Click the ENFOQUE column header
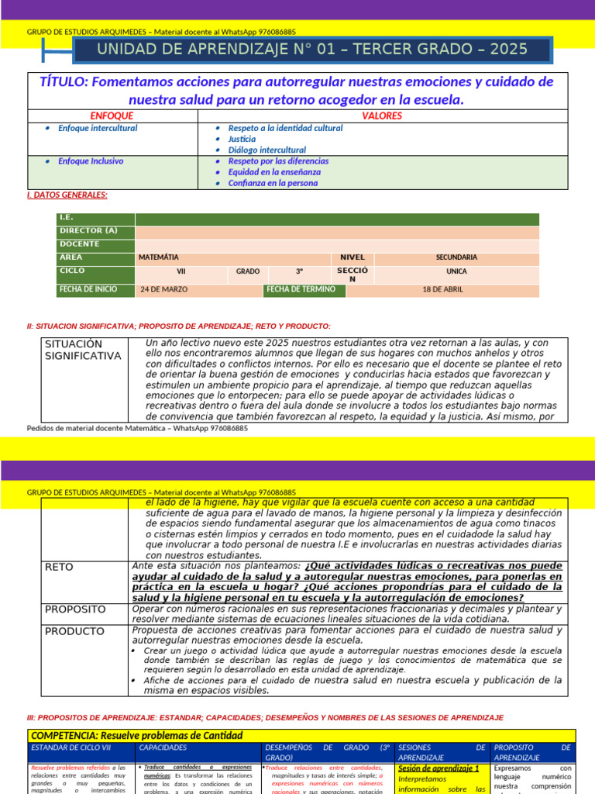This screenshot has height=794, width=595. pyautogui.click(x=112, y=116)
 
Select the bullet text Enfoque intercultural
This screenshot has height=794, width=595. pyautogui.click(x=98, y=128)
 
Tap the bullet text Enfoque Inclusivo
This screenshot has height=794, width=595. pyautogui.click(x=91, y=161)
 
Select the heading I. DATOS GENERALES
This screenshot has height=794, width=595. pyautogui.click(x=67, y=195)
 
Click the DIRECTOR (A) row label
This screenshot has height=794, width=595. pyautogui.click(x=88, y=231)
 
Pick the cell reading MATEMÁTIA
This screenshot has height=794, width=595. pyautogui.click(x=158, y=257)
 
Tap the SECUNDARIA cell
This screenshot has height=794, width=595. pyautogui.click(x=456, y=257)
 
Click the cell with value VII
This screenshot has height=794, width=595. pyautogui.click(x=181, y=272)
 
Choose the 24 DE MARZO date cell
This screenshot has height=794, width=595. pyautogui.click(x=162, y=290)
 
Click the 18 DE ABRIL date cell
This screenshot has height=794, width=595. pyautogui.click(x=443, y=290)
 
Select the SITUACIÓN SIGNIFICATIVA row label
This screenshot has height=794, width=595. pyautogui.click(x=83, y=350)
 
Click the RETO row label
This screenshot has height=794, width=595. pyautogui.click(x=59, y=567)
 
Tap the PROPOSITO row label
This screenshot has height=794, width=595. pyautogui.click(x=74, y=609)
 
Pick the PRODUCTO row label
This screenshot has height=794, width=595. pyautogui.click(x=74, y=631)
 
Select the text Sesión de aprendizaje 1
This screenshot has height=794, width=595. pyautogui.click(x=439, y=768)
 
